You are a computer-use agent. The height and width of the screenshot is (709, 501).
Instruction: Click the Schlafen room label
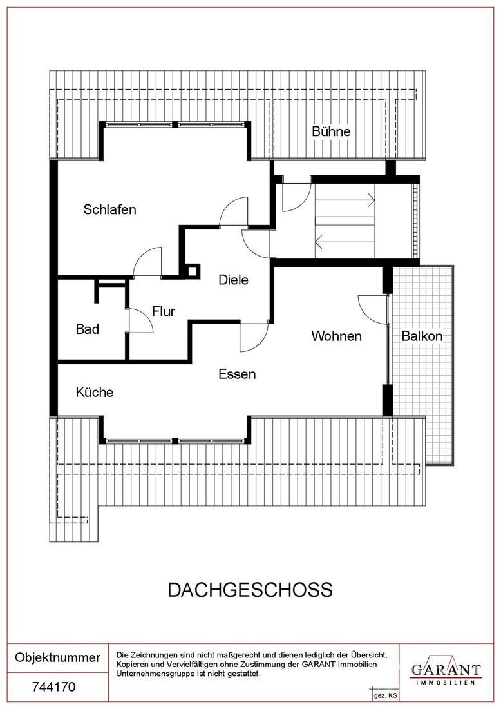(109, 209)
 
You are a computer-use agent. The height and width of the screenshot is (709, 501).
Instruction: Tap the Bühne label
(331, 131)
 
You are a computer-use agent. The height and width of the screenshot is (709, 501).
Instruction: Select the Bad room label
(88, 329)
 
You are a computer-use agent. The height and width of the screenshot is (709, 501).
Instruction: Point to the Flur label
(164, 311)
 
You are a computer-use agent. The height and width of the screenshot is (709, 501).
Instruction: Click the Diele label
(233, 280)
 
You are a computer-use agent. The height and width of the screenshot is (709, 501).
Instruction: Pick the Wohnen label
(336, 336)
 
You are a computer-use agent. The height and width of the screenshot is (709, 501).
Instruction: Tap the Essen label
(237, 374)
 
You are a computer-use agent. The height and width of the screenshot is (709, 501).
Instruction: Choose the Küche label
(95, 392)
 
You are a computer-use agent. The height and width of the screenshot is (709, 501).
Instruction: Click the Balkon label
(422, 336)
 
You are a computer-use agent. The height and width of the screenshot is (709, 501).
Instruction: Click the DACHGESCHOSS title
(250, 590)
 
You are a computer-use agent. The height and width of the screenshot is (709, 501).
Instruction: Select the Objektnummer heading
(57, 658)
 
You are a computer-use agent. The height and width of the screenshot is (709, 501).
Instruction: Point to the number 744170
(53, 687)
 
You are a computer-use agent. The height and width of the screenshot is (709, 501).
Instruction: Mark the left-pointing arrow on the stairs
(319, 243)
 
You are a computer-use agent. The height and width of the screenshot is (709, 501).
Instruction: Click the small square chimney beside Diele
(192, 271)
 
